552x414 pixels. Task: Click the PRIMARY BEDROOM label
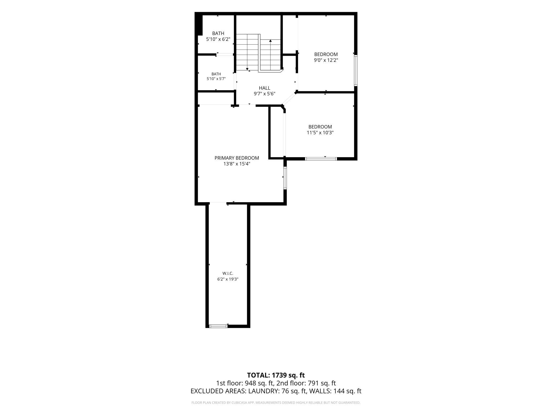coord(237,158)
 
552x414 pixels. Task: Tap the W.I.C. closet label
coord(228,273)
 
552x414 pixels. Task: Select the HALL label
coord(265,88)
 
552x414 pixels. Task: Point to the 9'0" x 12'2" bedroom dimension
coord(326,60)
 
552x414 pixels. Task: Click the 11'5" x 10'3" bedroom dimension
coord(320,133)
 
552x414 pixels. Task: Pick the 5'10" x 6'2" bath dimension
coord(218,39)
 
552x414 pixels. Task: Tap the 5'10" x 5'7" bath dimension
coord(216,79)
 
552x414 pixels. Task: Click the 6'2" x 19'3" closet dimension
coord(228,279)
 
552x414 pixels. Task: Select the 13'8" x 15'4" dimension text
coord(237,164)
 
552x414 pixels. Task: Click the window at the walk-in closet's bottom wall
coord(218,326)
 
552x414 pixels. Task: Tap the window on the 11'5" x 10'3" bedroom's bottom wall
coord(321,159)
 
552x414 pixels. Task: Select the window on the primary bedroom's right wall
coord(285,178)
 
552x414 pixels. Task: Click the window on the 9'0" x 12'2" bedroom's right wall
coord(356,70)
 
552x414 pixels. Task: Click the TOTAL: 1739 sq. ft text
coord(276,375)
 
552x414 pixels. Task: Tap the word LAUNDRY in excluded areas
coord(263,391)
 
